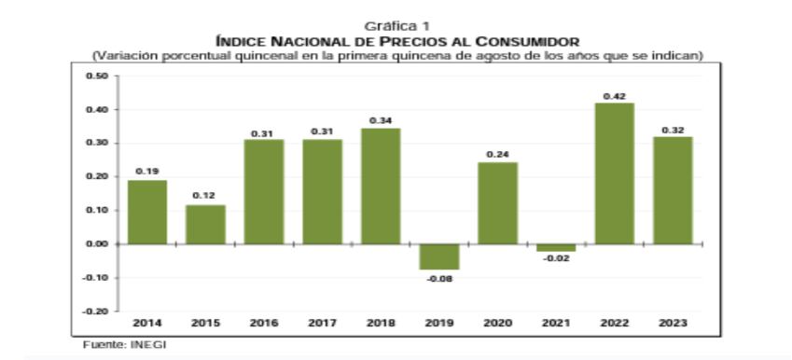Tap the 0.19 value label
click(x=146, y=171)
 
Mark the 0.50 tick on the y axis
click(x=96, y=76)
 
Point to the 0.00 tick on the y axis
click(x=96, y=243)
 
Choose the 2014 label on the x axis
click(x=146, y=324)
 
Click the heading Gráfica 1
click(x=397, y=27)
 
